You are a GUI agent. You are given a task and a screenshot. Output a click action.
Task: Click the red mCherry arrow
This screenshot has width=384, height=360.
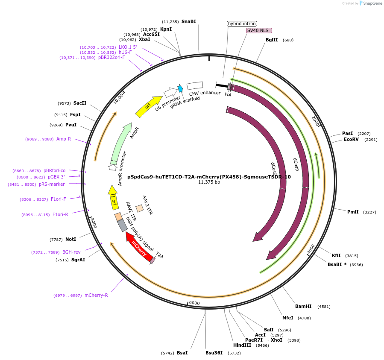click(x=139, y=247)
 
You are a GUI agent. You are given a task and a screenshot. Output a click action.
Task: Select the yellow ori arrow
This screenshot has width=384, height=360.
click(x=148, y=106)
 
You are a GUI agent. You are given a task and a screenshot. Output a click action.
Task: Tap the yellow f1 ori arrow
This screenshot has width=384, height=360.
click(x=113, y=197)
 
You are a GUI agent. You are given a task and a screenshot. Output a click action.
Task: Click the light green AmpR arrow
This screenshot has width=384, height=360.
click(x=121, y=143)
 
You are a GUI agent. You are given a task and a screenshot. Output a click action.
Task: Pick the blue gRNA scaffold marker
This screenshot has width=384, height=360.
click(x=180, y=88)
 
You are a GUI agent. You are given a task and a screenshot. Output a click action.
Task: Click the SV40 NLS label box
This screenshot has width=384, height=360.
click(x=259, y=30)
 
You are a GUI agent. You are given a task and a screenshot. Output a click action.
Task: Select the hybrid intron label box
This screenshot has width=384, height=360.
click(x=242, y=23)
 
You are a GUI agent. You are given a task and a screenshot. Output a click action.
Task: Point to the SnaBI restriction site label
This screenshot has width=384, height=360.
click(x=188, y=21)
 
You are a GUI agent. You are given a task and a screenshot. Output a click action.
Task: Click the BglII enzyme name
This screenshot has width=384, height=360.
click(x=272, y=40)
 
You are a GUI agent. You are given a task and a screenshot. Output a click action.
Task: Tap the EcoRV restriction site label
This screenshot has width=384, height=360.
click(x=351, y=139)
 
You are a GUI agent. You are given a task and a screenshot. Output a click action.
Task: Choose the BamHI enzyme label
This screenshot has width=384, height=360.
click(x=303, y=306)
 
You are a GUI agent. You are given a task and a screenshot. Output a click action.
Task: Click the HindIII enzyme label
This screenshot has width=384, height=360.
click(x=242, y=345)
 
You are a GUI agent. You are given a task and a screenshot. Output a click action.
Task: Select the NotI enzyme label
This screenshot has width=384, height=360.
click(x=71, y=239)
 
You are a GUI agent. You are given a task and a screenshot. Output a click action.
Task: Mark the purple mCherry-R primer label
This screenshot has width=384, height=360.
click(x=96, y=296)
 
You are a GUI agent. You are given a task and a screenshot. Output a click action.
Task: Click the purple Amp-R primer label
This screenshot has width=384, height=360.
click(x=64, y=139)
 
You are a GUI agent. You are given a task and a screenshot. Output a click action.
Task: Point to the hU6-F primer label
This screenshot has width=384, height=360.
click(x=125, y=52)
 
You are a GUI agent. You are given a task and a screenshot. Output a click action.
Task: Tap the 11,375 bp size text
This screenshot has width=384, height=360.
click(x=209, y=182)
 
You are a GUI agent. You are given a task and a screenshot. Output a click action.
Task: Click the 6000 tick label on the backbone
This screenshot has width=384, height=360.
click(x=194, y=303)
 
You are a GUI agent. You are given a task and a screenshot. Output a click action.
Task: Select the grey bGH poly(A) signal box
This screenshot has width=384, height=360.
click(x=123, y=225)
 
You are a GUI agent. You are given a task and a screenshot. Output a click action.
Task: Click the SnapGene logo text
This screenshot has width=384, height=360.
click(x=372, y=3)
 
